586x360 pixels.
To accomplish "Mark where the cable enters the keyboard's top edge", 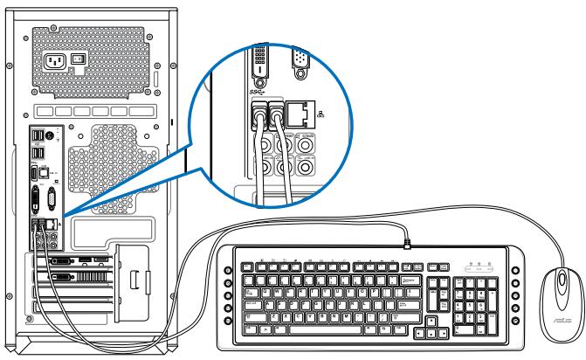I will click(406, 242).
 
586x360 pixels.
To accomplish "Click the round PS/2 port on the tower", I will click(49, 135).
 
